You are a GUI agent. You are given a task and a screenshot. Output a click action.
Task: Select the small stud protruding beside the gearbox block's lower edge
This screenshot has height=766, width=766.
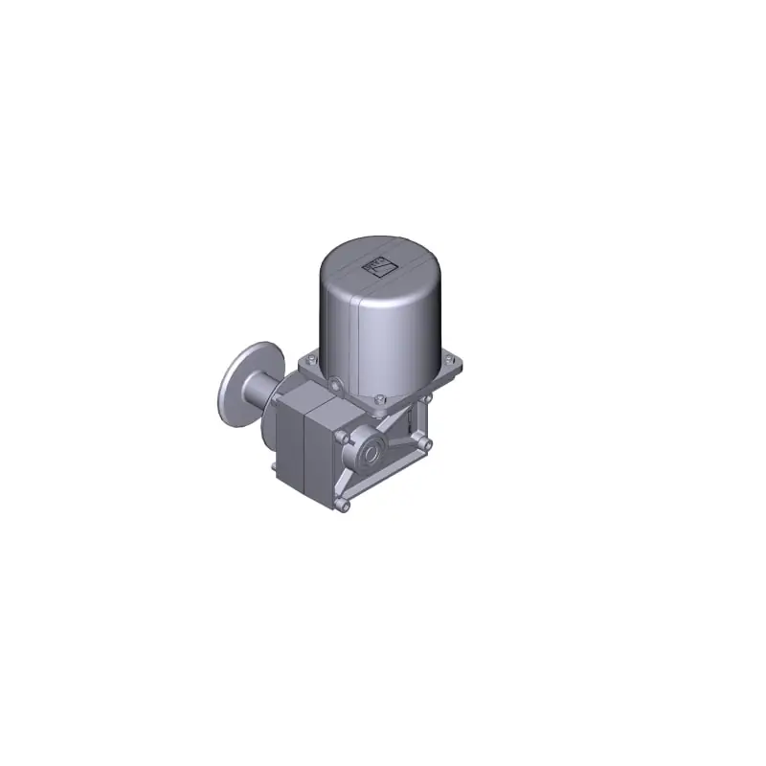click(x=275, y=467)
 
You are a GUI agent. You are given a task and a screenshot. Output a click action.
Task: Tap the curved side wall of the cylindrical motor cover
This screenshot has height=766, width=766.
click(x=402, y=326)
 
